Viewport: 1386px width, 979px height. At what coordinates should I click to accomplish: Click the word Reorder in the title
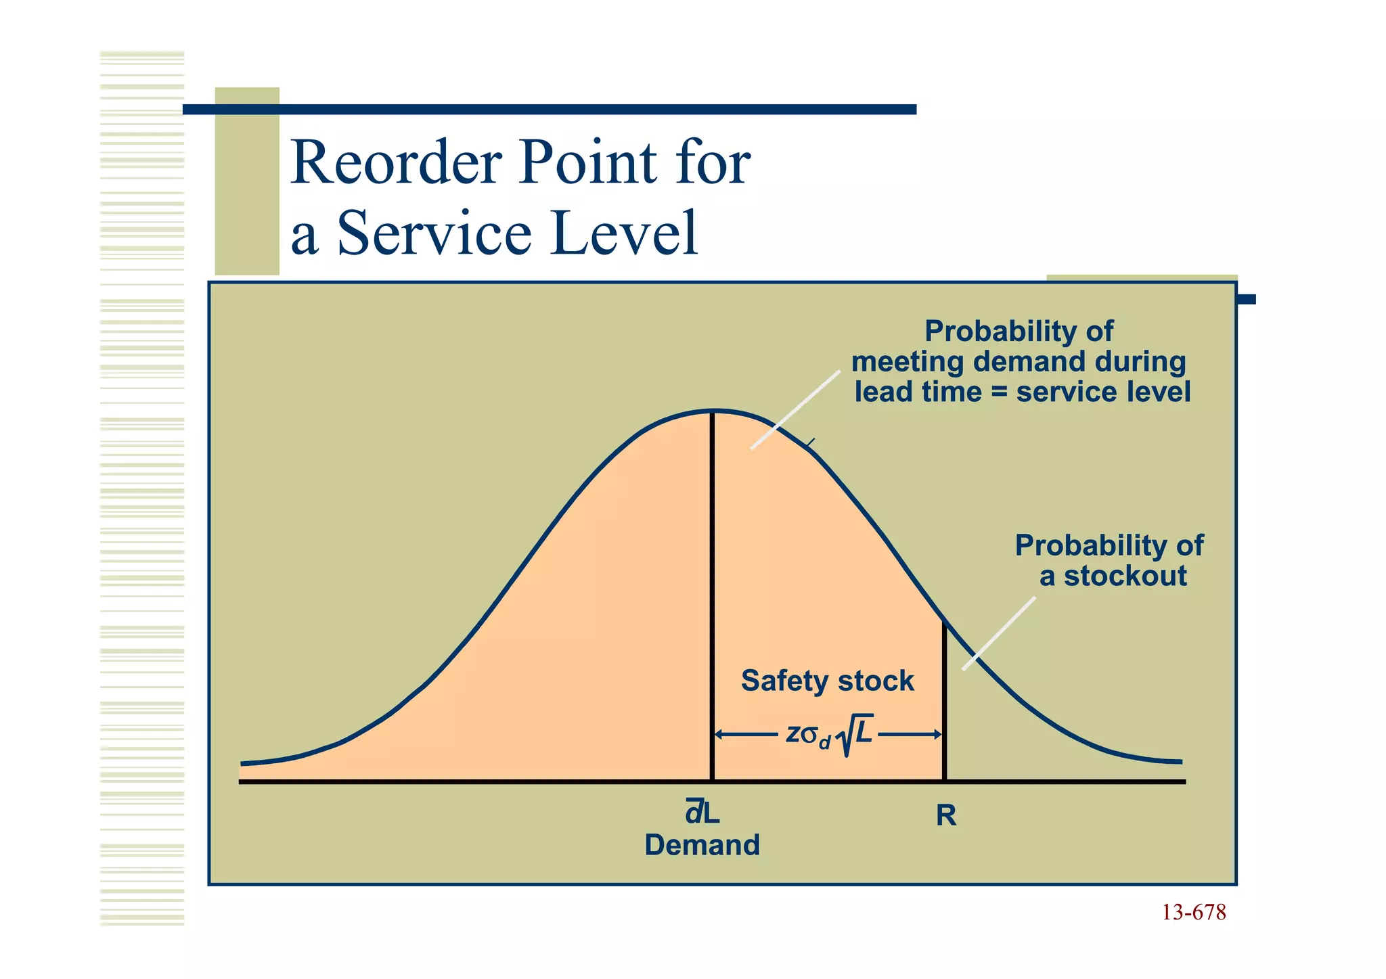[397, 162]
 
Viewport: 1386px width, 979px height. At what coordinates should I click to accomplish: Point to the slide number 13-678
[1193, 913]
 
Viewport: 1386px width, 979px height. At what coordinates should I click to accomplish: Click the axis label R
[945, 816]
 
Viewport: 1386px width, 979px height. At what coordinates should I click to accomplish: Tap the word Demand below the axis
[702, 845]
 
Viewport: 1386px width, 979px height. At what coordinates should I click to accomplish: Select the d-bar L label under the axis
[702, 812]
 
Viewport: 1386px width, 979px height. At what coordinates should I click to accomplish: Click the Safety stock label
[827, 681]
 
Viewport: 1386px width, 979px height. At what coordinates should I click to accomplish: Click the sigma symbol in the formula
[809, 734]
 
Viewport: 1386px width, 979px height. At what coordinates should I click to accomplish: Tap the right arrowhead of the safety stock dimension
[937, 734]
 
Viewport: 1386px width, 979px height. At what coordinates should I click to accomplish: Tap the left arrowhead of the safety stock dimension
[719, 734]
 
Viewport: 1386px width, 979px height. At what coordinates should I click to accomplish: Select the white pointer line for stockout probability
[999, 633]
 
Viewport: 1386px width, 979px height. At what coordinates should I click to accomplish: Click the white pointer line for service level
[796, 409]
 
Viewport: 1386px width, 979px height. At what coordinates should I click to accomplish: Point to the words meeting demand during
[1018, 362]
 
